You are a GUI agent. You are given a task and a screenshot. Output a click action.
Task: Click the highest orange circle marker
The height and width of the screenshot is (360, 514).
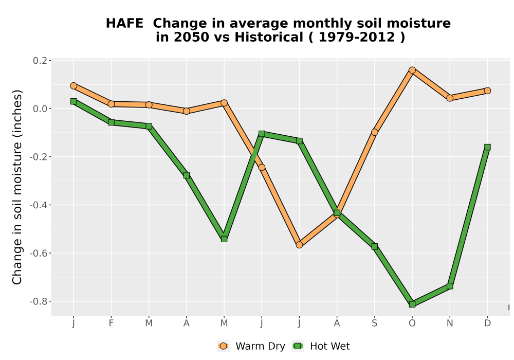pyautogui.click(x=412, y=70)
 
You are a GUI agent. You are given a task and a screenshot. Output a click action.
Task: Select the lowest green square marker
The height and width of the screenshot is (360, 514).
pyautogui.click(x=412, y=304)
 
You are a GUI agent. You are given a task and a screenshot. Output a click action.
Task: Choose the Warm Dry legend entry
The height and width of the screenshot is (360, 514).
pyautogui.click(x=251, y=346)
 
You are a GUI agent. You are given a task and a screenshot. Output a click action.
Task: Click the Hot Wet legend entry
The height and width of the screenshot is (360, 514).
pyautogui.click(x=321, y=346)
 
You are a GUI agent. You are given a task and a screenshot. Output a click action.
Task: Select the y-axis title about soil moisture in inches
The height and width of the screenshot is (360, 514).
pyautogui.click(x=17, y=187)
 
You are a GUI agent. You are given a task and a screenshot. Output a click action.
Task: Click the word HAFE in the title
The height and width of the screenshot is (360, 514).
pyautogui.click(x=124, y=24)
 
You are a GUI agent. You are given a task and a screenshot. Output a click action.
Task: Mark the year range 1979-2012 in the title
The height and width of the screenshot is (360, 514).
pyautogui.click(x=357, y=38)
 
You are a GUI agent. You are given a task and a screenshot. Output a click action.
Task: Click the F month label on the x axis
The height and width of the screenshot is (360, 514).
pyautogui.click(x=111, y=323)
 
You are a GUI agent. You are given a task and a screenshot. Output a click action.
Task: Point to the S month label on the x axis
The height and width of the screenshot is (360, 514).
pyautogui.click(x=374, y=323)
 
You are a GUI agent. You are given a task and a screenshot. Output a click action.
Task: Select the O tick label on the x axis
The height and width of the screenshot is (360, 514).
pyautogui.click(x=412, y=323)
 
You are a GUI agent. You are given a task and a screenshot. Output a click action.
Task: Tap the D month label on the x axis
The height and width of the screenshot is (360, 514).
pyautogui.click(x=487, y=323)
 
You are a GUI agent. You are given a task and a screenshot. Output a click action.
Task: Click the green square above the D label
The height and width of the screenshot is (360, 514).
pyautogui.click(x=487, y=147)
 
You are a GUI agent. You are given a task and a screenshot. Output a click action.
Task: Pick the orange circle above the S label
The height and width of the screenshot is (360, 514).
pyautogui.click(x=374, y=132)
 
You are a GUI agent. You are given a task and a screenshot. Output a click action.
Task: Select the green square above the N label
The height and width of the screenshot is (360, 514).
pyautogui.click(x=450, y=286)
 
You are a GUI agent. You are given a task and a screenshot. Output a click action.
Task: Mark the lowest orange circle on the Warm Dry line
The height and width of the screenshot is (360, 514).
pyautogui.click(x=299, y=245)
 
